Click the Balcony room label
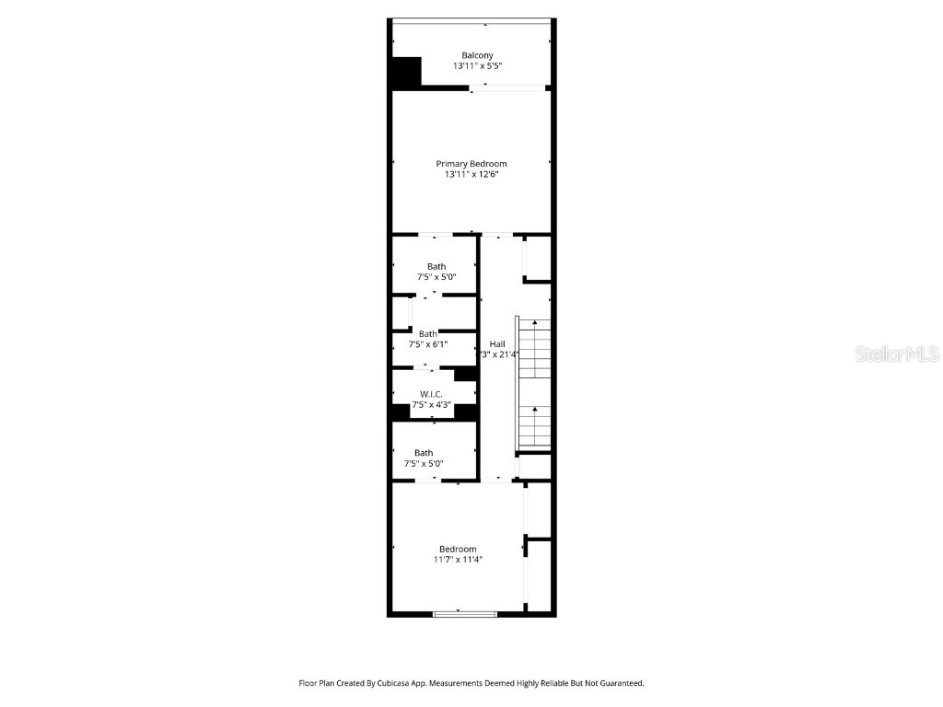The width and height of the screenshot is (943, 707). tap(476, 55)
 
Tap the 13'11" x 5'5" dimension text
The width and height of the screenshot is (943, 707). tap(476, 66)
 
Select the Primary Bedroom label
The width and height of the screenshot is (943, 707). tap(471, 164)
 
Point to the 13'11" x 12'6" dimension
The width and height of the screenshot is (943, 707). tap(471, 174)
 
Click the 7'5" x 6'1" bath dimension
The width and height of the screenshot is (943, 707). tap(427, 344)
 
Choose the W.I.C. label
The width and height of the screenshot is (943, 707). tap(431, 394)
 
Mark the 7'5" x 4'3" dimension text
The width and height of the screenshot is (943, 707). tap(431, 404)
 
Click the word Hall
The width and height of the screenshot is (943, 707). tap(496, 343)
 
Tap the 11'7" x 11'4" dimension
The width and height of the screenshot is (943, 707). tap(458, 559)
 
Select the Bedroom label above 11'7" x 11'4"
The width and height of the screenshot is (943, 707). tap(458, 549)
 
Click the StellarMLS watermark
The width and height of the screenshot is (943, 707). tap(897, 353)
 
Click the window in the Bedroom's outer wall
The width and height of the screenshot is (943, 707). tap(465, 613)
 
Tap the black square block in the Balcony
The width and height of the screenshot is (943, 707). tap(406, 73)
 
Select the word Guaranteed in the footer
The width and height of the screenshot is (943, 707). tap(616, 683)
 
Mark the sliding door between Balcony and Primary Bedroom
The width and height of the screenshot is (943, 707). tap(507, 88)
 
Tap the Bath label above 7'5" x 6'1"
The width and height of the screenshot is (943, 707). tap(428, 333)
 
